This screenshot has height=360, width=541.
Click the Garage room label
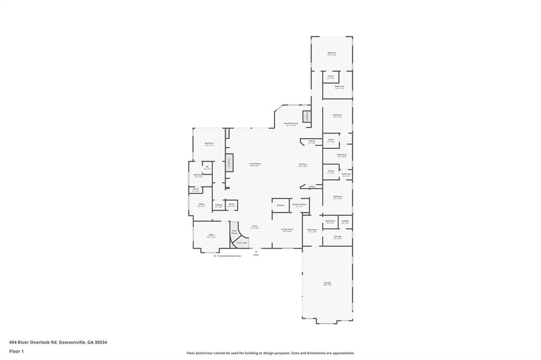tap(328, 283)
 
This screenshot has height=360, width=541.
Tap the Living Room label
tap(255, 164)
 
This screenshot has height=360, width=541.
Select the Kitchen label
tap(302, 165)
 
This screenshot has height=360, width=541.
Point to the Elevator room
tap(281, 205)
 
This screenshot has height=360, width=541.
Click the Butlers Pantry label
tap(299, 205)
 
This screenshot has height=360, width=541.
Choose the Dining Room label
tap(287, 230)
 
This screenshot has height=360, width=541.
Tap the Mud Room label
tap(312, 230)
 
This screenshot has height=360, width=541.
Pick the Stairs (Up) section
tap(241, 243)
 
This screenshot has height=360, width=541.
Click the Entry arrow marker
tap(256, 252)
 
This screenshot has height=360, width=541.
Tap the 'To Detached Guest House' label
tap(228, 256)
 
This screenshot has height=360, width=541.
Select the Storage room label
tap(337, 238)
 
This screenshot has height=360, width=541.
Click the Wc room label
tap(207, 168)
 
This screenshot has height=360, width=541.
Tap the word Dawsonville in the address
tap(72, 342)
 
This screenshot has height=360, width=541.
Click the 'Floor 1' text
tap(16, 350)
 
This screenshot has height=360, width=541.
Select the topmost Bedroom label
tap(332, 53)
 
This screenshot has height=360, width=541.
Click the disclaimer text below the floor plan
tap(270, 353)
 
